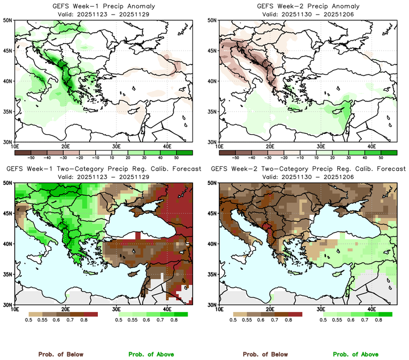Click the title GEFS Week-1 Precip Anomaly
[x=103, y=6]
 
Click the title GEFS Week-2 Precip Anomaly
[x=307, y=6]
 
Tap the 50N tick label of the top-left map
[x=8, y=21]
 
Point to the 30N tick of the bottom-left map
[x=8, y=305]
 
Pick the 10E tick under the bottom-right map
[x=220, y=309]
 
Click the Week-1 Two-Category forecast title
[x=103, y=169]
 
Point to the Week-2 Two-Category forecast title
[x=307, y=169]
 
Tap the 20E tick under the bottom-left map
[x=65, y=309]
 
